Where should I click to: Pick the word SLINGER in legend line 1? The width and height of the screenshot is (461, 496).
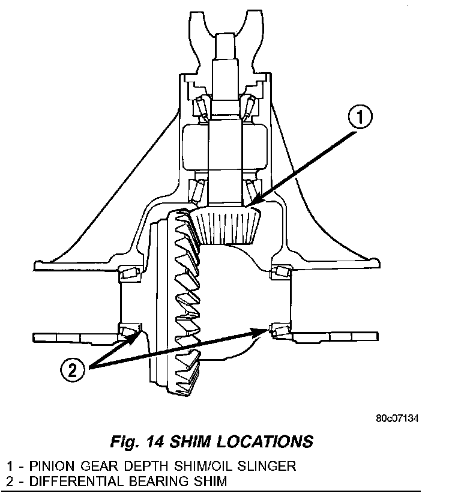point(270,466)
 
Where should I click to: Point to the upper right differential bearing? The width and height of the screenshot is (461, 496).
point(281,273)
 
